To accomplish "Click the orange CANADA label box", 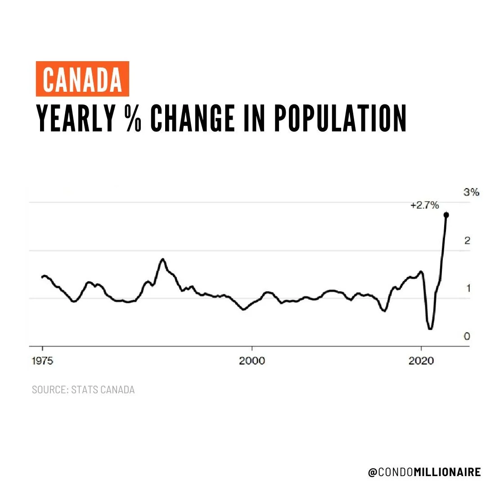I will [x=82, y=79].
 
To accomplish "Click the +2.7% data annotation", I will [x=424, y=206].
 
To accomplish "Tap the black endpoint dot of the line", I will [x=446, y=215].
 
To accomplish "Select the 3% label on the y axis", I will [x=471, y=193].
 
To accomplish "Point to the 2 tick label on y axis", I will [x=467, y=241].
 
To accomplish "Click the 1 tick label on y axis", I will [x=468, y=288].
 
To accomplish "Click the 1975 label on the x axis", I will [x=43, y=361].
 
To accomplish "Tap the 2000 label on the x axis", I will [x=252, y=361].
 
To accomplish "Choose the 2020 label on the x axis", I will [x=421, y=361].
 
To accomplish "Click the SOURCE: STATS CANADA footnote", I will [x=83, y=390].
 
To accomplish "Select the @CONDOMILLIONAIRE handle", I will [x=424, y=472].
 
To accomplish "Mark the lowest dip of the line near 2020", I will [x=430, y=328].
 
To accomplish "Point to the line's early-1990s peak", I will [x=163, y=259].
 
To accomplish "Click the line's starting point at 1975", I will [x=42, y=277].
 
